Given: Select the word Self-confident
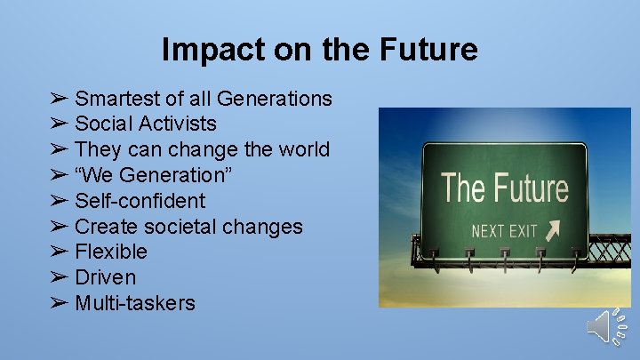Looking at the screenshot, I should click(x=140, y=201).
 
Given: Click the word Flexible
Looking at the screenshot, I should click(x=111, y=252).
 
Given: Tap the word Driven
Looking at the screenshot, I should click(x=106, y=277).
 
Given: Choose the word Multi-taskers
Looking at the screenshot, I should click(x=135, y=303).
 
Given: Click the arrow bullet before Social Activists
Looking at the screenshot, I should click(x=59, y=124).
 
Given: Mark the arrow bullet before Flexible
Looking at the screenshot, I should click(x=59, y=252).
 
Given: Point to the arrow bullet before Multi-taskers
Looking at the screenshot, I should click(x=59, y=303).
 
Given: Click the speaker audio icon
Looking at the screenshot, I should click(x=608, y=327).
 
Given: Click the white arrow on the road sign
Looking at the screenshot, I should click(x=554, y=230).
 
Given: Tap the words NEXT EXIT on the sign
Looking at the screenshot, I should click(x=504, y=232).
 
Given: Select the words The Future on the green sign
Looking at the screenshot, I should click(x=504, y=188).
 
